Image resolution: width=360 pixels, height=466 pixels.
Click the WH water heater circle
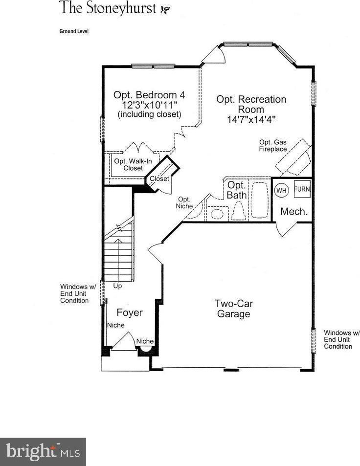pos(281,190)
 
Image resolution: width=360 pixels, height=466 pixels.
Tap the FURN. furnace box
pos(302,189)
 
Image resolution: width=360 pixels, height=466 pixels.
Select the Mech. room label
pos(294,212)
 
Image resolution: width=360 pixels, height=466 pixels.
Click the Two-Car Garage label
pos(234,309)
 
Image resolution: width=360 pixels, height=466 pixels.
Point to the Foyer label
pos(130,312)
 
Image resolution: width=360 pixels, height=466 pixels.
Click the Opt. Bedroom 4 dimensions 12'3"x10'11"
pos(150,105)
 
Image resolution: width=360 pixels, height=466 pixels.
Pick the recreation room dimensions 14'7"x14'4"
pos(251,119)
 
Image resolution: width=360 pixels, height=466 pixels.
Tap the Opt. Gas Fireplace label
pos(272,146)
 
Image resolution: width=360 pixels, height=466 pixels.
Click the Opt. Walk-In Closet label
pos(133,165)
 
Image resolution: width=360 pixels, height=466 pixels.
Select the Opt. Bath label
pos(237,190)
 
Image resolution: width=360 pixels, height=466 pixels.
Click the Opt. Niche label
pos(184,203)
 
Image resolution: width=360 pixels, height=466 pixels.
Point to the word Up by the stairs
pos(117,286)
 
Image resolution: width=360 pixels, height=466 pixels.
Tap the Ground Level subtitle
pos(74,31)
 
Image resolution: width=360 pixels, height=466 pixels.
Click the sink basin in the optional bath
pos(217,214)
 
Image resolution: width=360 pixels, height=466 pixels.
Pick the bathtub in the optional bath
pos(260,200)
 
